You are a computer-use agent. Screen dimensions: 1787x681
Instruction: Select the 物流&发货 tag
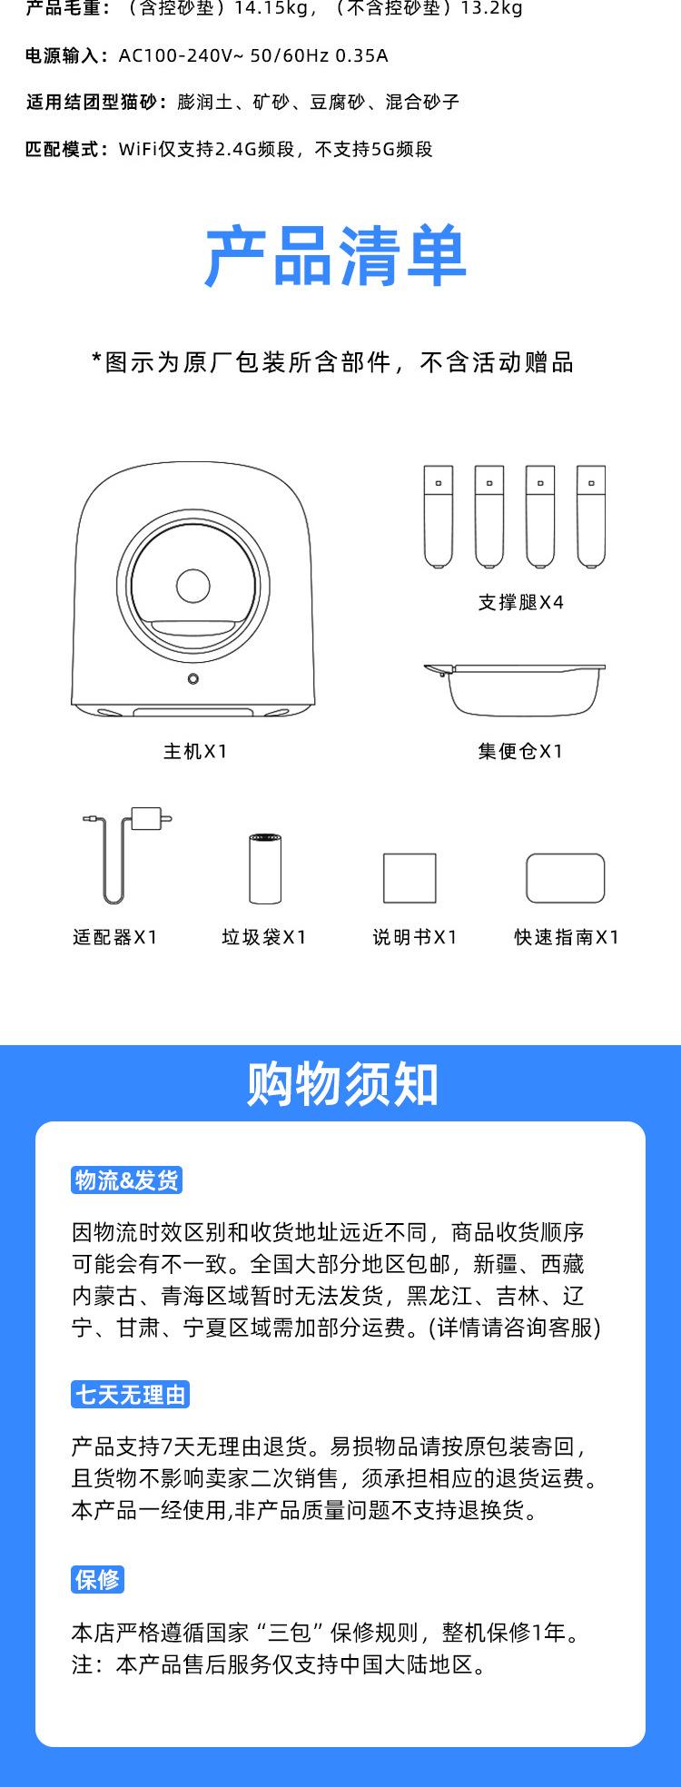click(127, 1180)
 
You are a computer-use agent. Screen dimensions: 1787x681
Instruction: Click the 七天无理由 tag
click(130, 1395)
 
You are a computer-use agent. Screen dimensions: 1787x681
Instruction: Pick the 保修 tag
click(97, 1579)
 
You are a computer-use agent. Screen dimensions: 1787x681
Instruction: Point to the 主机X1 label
click(194, 751)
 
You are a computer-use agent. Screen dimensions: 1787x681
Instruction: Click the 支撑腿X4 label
click(520, 602)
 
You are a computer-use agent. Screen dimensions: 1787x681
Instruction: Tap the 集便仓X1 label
click(520, 751)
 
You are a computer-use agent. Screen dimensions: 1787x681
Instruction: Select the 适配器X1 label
click(115, 937)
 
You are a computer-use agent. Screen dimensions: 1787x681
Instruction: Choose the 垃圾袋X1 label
click(264, 937)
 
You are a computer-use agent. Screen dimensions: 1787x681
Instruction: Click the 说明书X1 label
click(414, 937)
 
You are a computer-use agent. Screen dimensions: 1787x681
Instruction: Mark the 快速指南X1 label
click(566, 937)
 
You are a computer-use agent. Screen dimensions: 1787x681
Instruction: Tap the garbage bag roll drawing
click(265, 867)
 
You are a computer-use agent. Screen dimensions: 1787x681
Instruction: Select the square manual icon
click(410, 878)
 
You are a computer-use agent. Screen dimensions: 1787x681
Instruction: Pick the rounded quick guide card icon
click(565, 878)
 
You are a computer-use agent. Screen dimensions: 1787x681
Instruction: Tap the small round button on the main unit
click(193, 679)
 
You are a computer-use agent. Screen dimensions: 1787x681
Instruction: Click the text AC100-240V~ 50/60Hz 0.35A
click(253, 55)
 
